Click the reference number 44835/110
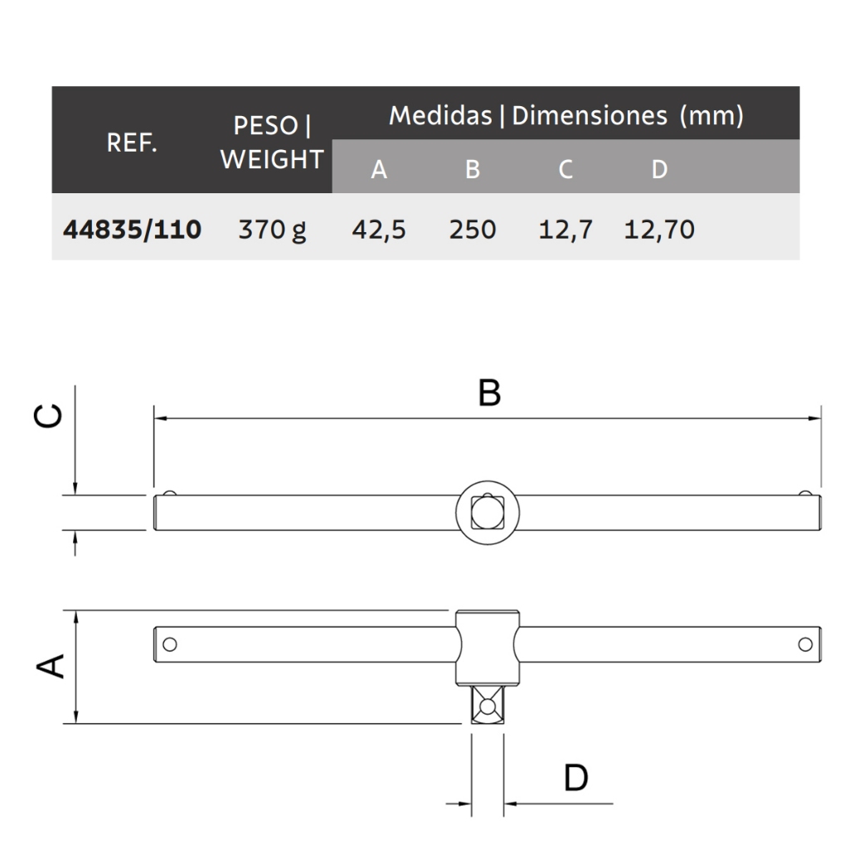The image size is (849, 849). [132, 230]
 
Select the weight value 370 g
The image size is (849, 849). [272, 230]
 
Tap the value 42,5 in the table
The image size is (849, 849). [378, 230]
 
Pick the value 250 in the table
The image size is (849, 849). [472, 230]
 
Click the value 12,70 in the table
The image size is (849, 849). [659, 230]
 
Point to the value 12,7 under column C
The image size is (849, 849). [565, 230]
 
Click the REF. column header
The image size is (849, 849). [132, 143]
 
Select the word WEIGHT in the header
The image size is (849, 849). [272, 159]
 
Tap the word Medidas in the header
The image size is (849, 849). [440, 115]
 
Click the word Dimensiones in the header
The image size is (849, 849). [589, 115]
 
